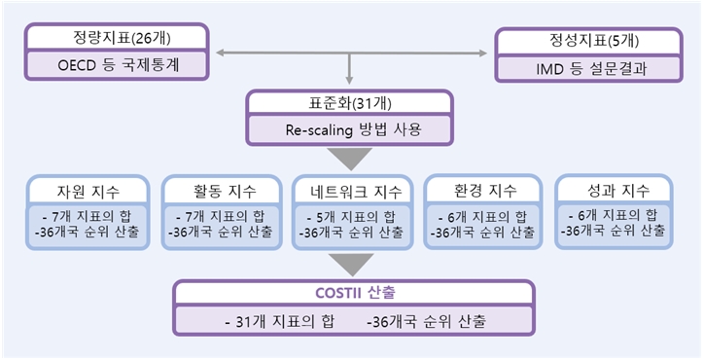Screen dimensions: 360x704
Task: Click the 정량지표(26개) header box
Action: pos(116,38)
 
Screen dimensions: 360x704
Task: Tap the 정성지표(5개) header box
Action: pos(586,42)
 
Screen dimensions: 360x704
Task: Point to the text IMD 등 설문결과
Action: pos(586,70)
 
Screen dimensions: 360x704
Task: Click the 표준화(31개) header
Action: pos(349,103)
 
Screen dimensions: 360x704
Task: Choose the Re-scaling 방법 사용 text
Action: pos(349,129)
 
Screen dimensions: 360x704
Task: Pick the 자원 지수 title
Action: pos(88,190)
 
